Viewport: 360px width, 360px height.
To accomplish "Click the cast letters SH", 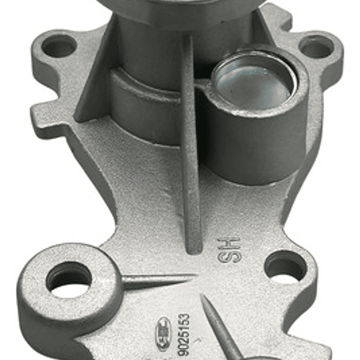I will [230, 250].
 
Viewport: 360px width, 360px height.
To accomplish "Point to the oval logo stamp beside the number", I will [164, 333].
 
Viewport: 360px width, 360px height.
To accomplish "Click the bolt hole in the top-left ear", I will [59, 46].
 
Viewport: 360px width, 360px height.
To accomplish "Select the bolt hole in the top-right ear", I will [316, 47].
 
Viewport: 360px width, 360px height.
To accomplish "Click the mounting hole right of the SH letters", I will [285, 266].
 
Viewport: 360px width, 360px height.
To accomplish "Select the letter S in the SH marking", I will [229, 257].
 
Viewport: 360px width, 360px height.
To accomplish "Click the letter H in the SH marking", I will [230, 243].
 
